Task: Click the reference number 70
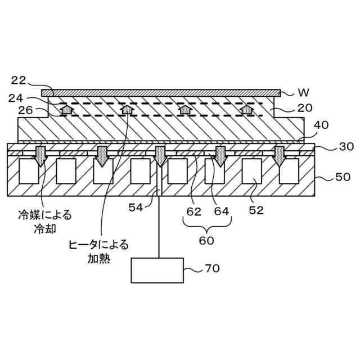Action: click(x=211, y=269)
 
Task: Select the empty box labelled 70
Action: click(x=157, y=270)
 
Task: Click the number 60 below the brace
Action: click(x=207, y=240)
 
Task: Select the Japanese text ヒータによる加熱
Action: click(x=98, y=251)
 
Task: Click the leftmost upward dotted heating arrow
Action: click(x=67, y=110)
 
